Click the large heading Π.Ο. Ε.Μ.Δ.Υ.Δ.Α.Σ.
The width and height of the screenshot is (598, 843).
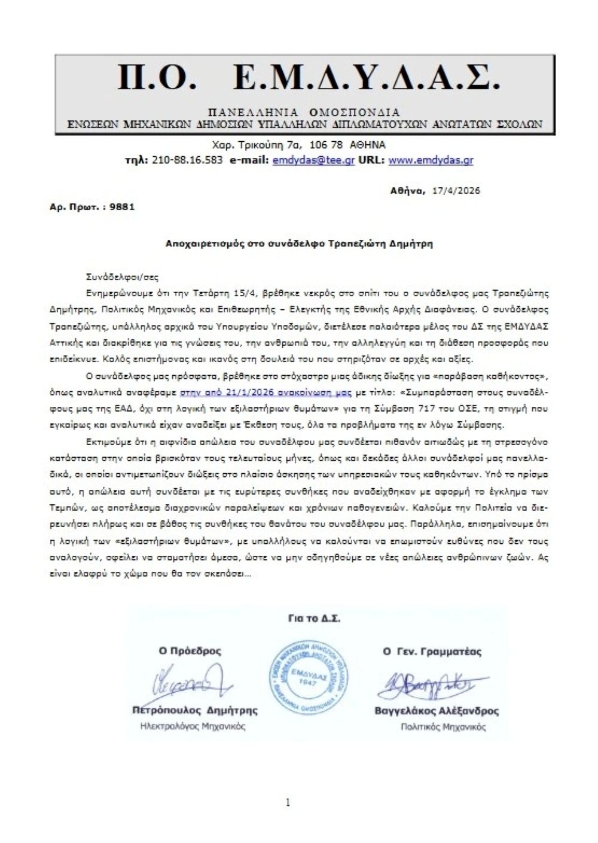click(305, 77)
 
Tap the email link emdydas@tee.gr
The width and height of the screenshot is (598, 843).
click(313, 160)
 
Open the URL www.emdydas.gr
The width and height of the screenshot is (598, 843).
click(431, 160)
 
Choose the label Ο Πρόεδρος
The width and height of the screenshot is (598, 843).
click(190, 651)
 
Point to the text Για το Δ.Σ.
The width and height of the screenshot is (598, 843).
click(310, 619)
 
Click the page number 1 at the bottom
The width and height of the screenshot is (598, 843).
click(288, 802)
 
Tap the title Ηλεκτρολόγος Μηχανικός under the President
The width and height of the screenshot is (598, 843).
click(193, 726)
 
